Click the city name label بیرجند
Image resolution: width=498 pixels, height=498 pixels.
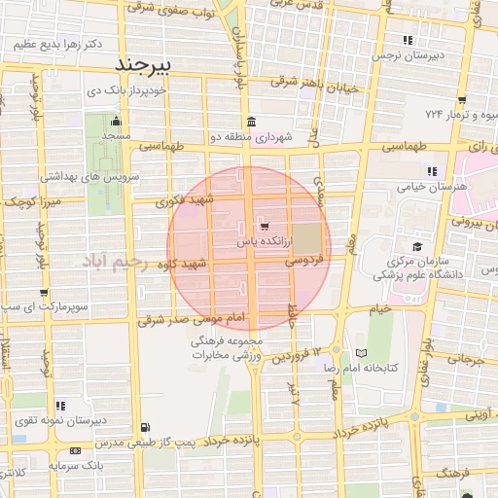pyautogui.click(x=143, y=65)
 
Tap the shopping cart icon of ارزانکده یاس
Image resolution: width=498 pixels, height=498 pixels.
pyautogui.click(x=267, y=227)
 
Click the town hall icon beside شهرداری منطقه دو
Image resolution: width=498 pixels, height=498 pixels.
pyautogui.click(x=252, y=122)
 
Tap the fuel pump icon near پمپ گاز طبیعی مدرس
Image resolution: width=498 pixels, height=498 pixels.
pyautogui.click(x=146, y=426)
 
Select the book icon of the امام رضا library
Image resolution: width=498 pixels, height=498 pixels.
pyautogui.click(x=362, y=353)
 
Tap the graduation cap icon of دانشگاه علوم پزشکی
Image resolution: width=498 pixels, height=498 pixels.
pyautogui.click(x=417, y=246)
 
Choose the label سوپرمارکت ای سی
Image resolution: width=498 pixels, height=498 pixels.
pyautogui.click(x=39, y=308)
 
